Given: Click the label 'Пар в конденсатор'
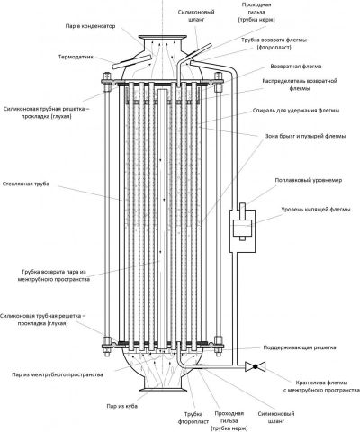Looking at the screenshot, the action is (x=90, y=26).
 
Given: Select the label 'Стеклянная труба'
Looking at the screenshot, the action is (x=25, y=184).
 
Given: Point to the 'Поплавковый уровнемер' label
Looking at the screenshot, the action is (x=309, y=180).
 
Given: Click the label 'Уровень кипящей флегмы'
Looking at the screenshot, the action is (x=316, y=210).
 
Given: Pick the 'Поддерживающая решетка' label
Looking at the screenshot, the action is (x=300, y=347).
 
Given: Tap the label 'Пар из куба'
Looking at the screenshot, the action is (x=122, y=406).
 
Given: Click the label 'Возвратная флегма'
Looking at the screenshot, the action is (x=296, y=67).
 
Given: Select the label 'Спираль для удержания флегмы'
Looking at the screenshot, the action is (x=296, y=111).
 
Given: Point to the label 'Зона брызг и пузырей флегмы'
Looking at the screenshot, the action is (x=306, y=136).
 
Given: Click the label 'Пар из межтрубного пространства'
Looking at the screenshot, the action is (x=58, y=374).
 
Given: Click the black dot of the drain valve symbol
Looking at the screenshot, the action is (x=255, y=366).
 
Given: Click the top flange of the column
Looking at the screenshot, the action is (x=163, y=37).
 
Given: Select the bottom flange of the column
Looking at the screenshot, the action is (x=163, y=391).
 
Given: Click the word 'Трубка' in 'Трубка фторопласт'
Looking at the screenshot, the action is (x=193, y=414).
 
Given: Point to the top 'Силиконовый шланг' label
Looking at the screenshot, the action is (x=196, y=16).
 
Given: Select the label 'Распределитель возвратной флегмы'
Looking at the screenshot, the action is (x=300, y=85).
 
